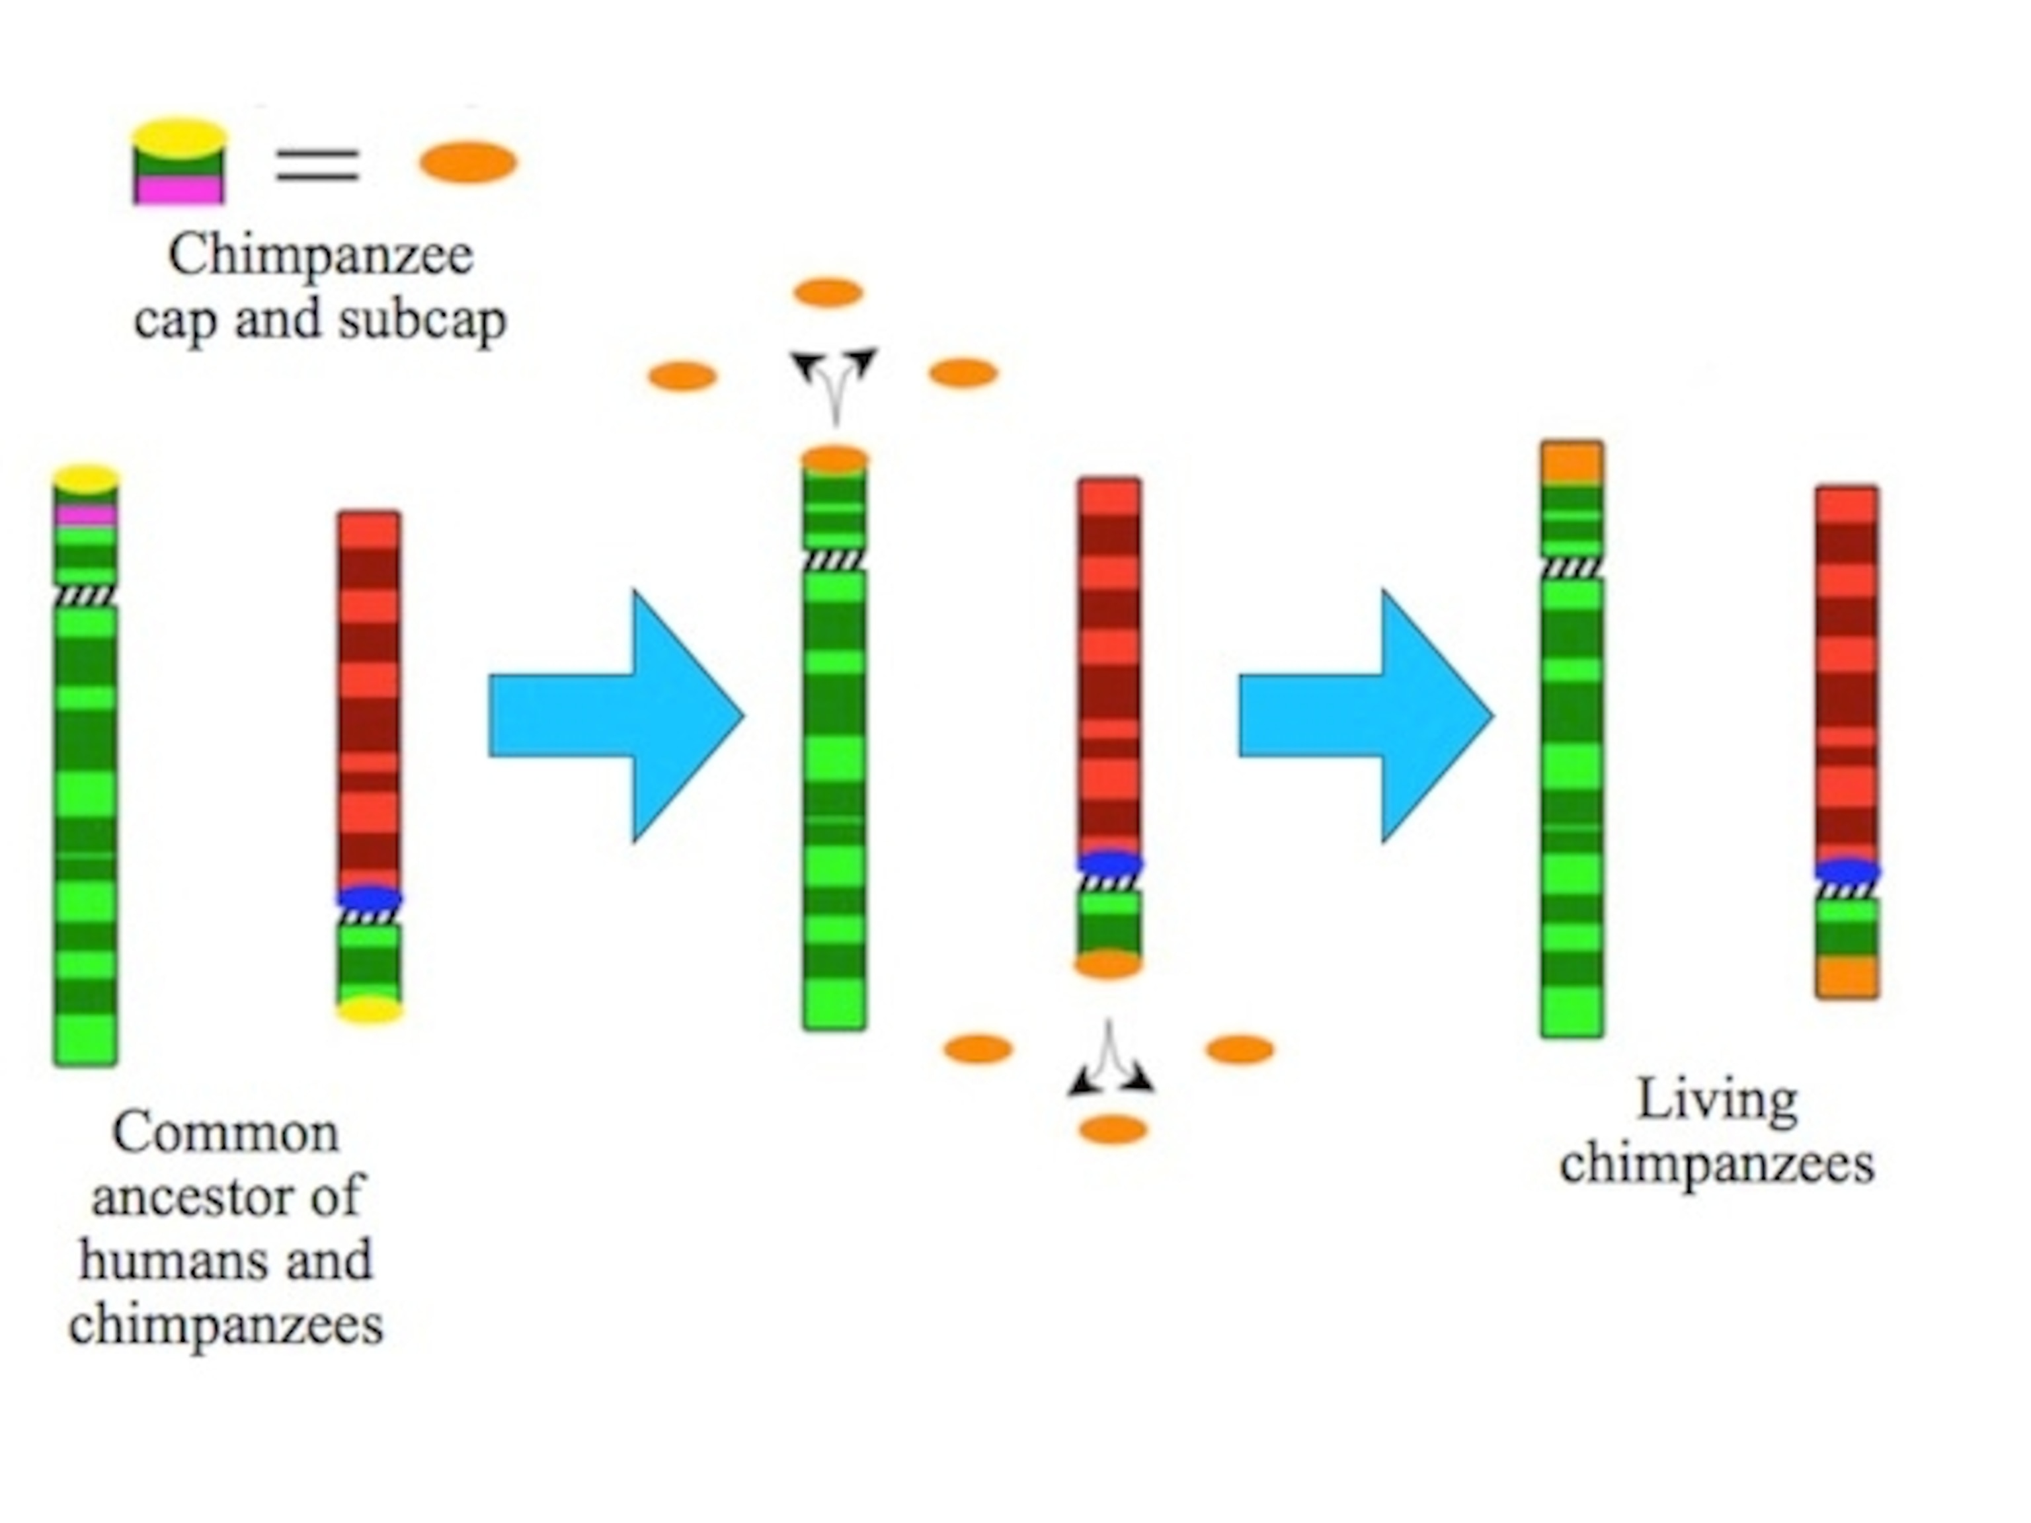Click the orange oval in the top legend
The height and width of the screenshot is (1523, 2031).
[468, 163]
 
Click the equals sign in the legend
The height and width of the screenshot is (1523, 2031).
[318, 165]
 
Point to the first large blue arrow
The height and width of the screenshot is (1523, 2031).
[615, 716]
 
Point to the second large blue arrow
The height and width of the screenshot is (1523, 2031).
[1365, 716]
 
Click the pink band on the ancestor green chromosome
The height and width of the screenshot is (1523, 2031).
[85, 514]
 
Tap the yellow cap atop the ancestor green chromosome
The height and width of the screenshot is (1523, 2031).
[85, 479]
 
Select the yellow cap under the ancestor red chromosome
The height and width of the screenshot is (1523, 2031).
[369, 1011]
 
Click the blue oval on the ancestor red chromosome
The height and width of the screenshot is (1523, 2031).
[369, 898]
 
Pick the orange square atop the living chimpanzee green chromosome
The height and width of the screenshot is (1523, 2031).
[1573, 463]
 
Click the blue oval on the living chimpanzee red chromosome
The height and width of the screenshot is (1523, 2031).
[1847, 871]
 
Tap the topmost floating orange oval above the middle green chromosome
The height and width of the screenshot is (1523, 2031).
[828, 293]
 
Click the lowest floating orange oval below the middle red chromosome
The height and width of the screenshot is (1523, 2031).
[1113, 1129]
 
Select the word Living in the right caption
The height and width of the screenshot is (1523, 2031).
[1717, 1100]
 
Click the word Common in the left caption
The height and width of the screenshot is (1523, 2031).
[226, 1133]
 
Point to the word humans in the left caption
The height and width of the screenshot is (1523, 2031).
[175, 1259]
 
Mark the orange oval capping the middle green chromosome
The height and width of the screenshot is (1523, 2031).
[834, 459]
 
